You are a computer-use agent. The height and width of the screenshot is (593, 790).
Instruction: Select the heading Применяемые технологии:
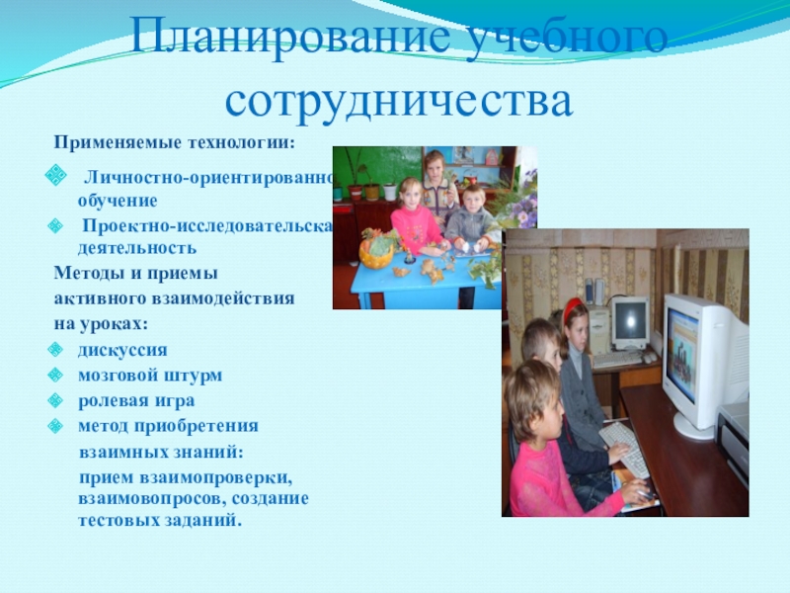point(174,143)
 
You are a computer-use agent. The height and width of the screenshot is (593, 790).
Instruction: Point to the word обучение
point(118,200)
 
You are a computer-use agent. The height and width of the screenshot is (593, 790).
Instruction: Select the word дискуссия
point(122,350)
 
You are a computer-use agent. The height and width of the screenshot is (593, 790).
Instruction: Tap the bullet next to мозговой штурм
point(56,376)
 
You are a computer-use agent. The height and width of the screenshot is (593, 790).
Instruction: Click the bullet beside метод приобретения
point(56,426)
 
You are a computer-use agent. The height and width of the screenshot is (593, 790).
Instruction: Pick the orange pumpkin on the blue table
point(376,252)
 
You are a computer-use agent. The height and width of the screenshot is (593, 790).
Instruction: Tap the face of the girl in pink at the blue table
point(411,195)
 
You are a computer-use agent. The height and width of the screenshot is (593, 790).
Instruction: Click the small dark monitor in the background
point(629,319)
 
